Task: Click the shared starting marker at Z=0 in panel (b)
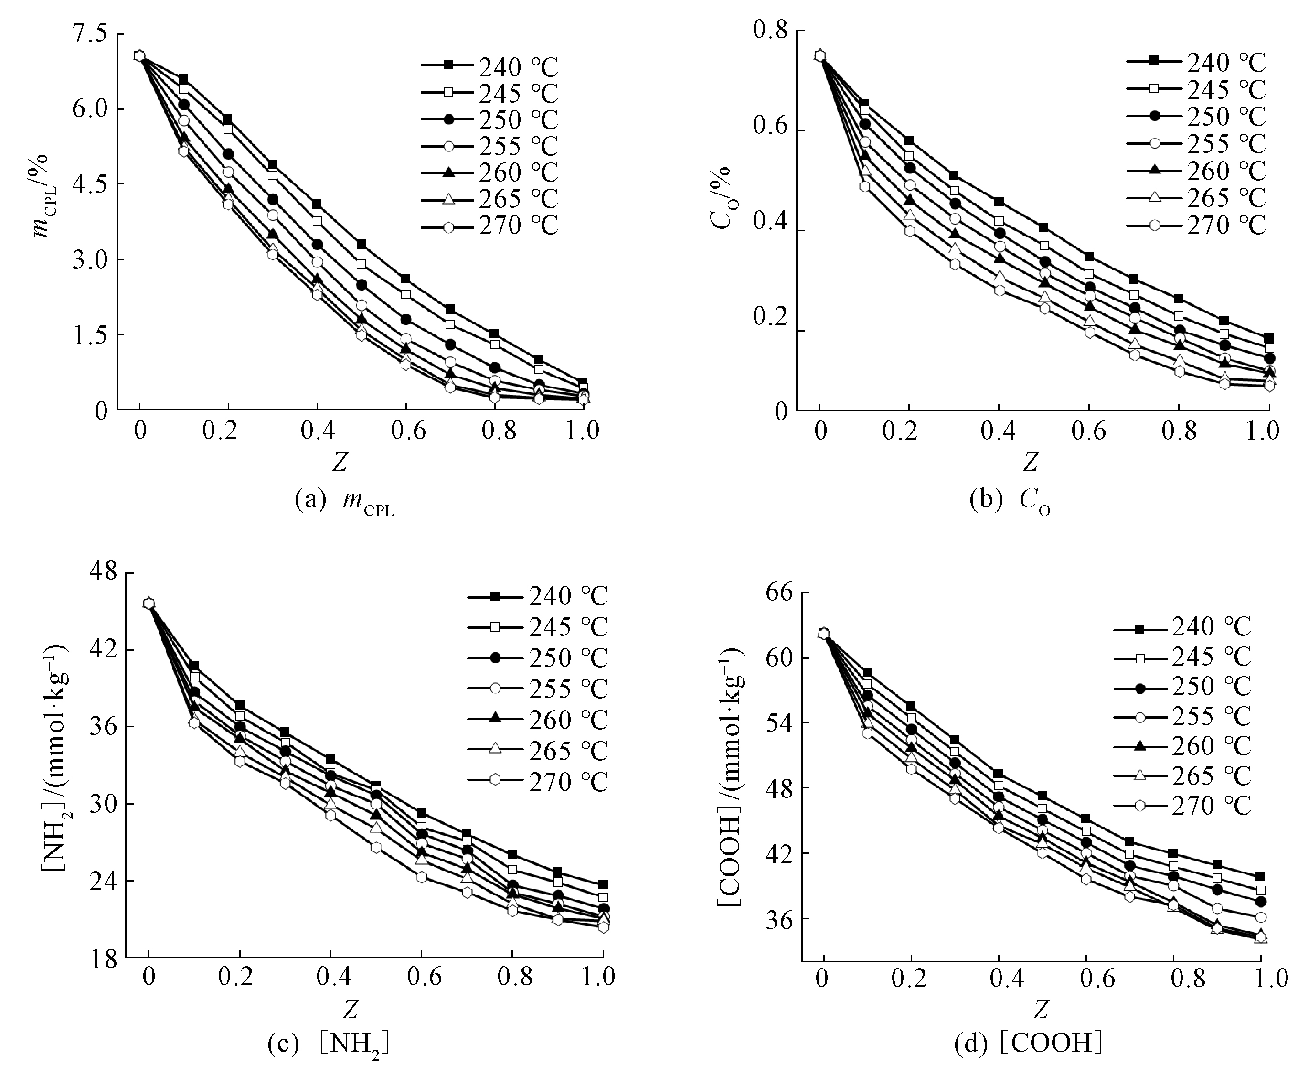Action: [x=819, y=56]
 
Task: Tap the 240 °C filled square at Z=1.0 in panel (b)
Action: [x=1268, y=338]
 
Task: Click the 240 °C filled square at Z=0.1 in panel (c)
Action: [x=194, y=665]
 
